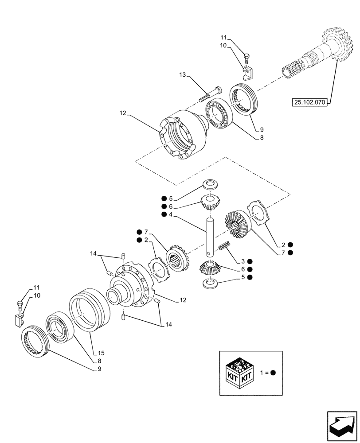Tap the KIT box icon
click(240, 373)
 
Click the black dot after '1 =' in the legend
click(273, 373)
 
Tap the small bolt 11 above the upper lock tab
click(247, 57)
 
